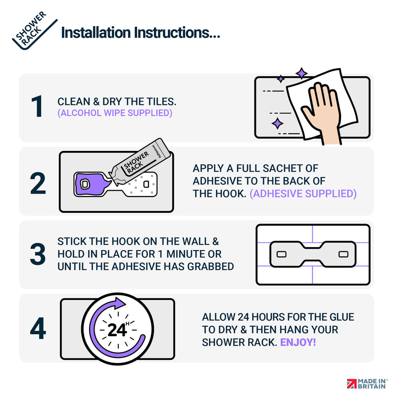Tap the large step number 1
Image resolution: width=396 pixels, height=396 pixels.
coord(38,106)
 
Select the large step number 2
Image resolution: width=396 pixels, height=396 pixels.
coord(38,183)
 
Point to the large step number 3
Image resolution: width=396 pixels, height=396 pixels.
coord(38,254)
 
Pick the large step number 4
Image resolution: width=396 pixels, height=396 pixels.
coord(38,328)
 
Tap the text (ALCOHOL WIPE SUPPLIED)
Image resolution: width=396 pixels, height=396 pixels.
coord(115,113)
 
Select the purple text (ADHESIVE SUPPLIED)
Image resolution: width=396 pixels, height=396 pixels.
coord(303,194)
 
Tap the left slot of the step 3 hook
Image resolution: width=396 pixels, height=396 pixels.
coord(281,254)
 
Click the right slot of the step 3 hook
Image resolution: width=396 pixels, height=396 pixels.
coord(343,254)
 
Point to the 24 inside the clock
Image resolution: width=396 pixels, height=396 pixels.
coord(117,330)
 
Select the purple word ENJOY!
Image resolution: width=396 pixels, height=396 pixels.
coord(298,343)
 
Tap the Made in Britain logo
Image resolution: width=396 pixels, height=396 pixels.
coord(367,384)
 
